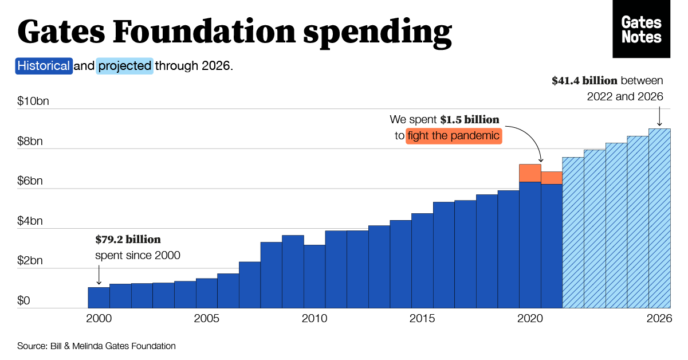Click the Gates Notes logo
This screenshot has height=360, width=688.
coord(641,29)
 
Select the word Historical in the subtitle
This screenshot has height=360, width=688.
coord(44,65)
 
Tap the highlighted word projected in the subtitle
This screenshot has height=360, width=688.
coord(124,65)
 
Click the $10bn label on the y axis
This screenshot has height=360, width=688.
coord(33,101)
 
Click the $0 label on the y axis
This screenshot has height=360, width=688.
coord(23,301)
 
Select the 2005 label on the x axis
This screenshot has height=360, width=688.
coord(206,319)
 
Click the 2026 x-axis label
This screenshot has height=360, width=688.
coord(659,319)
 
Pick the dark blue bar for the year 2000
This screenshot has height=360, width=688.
coord(99,298)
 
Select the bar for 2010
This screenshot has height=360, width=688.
coord(314,277)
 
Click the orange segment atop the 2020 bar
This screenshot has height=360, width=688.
coord(530,173)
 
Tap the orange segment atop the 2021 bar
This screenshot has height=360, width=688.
coord(552,178)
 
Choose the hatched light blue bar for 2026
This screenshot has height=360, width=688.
coord(659,218)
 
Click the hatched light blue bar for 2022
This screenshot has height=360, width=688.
coord(573,233)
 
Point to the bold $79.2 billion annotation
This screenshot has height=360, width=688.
coord(128,240)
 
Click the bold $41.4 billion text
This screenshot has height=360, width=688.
coord(584,81)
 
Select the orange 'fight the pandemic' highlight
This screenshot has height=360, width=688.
coord(454,136)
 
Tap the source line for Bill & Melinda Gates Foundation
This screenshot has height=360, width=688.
coord(96,346)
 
